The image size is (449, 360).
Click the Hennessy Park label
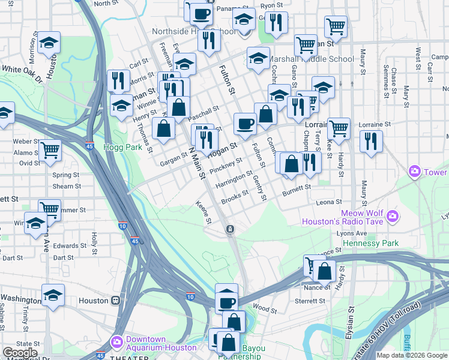[x=370, y=244]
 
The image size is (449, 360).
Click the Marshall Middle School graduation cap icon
[x=259, y=58]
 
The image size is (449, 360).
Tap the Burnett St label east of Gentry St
[x=297, y=187]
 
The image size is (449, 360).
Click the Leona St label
[x=330, y=202]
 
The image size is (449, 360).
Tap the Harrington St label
[x=239, y=179]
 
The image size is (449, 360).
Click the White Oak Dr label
[x=22, y=73]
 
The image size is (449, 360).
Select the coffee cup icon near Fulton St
[x=245, y=124]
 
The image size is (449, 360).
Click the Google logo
[x=20, y=353]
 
